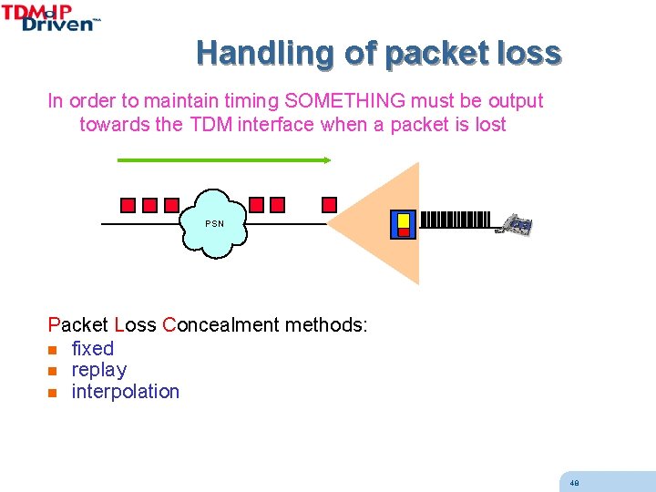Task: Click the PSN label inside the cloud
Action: click(x=214, y=223)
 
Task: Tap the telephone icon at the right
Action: click(x=516, y=223)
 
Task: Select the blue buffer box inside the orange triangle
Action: click(x=403, y=223)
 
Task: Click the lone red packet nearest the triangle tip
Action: click(x=329, y=205)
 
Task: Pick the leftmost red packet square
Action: click(x=128, y=205)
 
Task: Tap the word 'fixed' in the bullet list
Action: click(x=92, y=348)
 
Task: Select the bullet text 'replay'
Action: click(x=98, y=370)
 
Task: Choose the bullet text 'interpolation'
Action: click(x=125, y=392)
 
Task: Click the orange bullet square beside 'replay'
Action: click(x=53, y=371)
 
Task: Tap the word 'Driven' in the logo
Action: click(x=57, y=25)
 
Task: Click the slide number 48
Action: click(x=574, y=483)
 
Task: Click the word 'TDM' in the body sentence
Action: click(x=210, y=124)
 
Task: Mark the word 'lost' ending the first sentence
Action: click(x=487, y=124)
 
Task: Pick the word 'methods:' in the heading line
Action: click(x=327, y=324)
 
